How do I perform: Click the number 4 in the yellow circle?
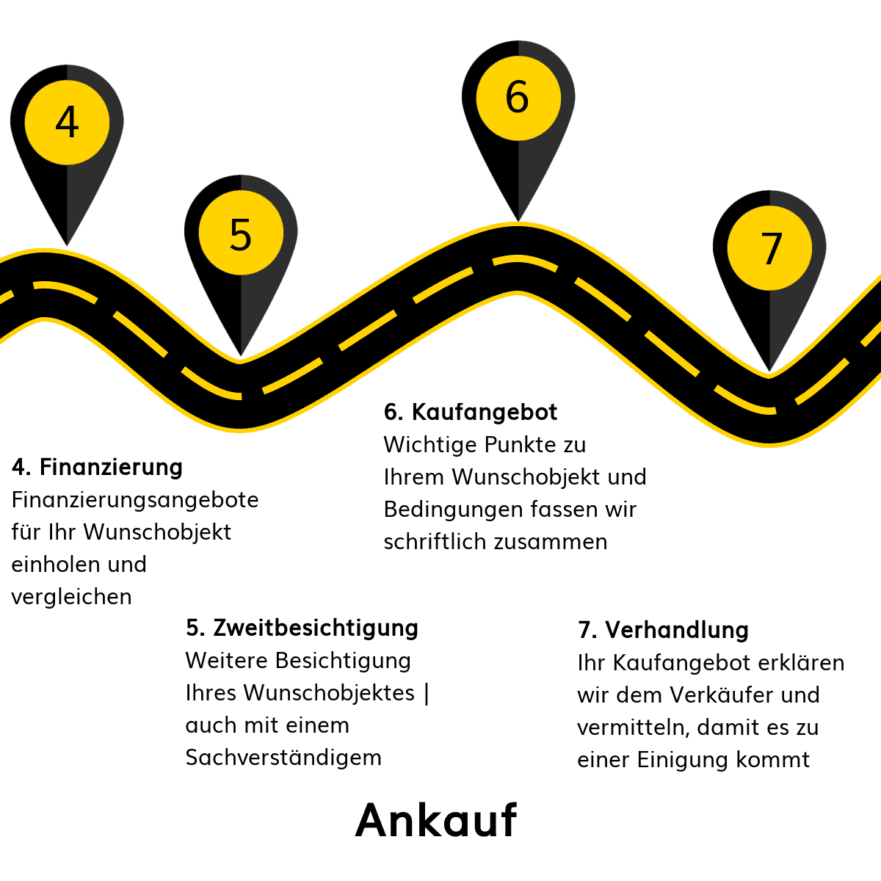67,122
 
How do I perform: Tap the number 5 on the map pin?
241,234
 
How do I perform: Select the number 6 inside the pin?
517,97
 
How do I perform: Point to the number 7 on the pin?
772,248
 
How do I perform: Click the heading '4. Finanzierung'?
97,467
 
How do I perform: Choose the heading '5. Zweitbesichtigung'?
302,628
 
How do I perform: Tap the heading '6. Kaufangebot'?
471,412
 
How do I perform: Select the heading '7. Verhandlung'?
663,630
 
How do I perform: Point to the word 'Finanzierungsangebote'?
135,500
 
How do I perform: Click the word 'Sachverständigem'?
283,758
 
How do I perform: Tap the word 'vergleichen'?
71,597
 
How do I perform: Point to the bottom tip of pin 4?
68,245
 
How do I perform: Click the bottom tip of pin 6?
518,221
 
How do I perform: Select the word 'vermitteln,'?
633,728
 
